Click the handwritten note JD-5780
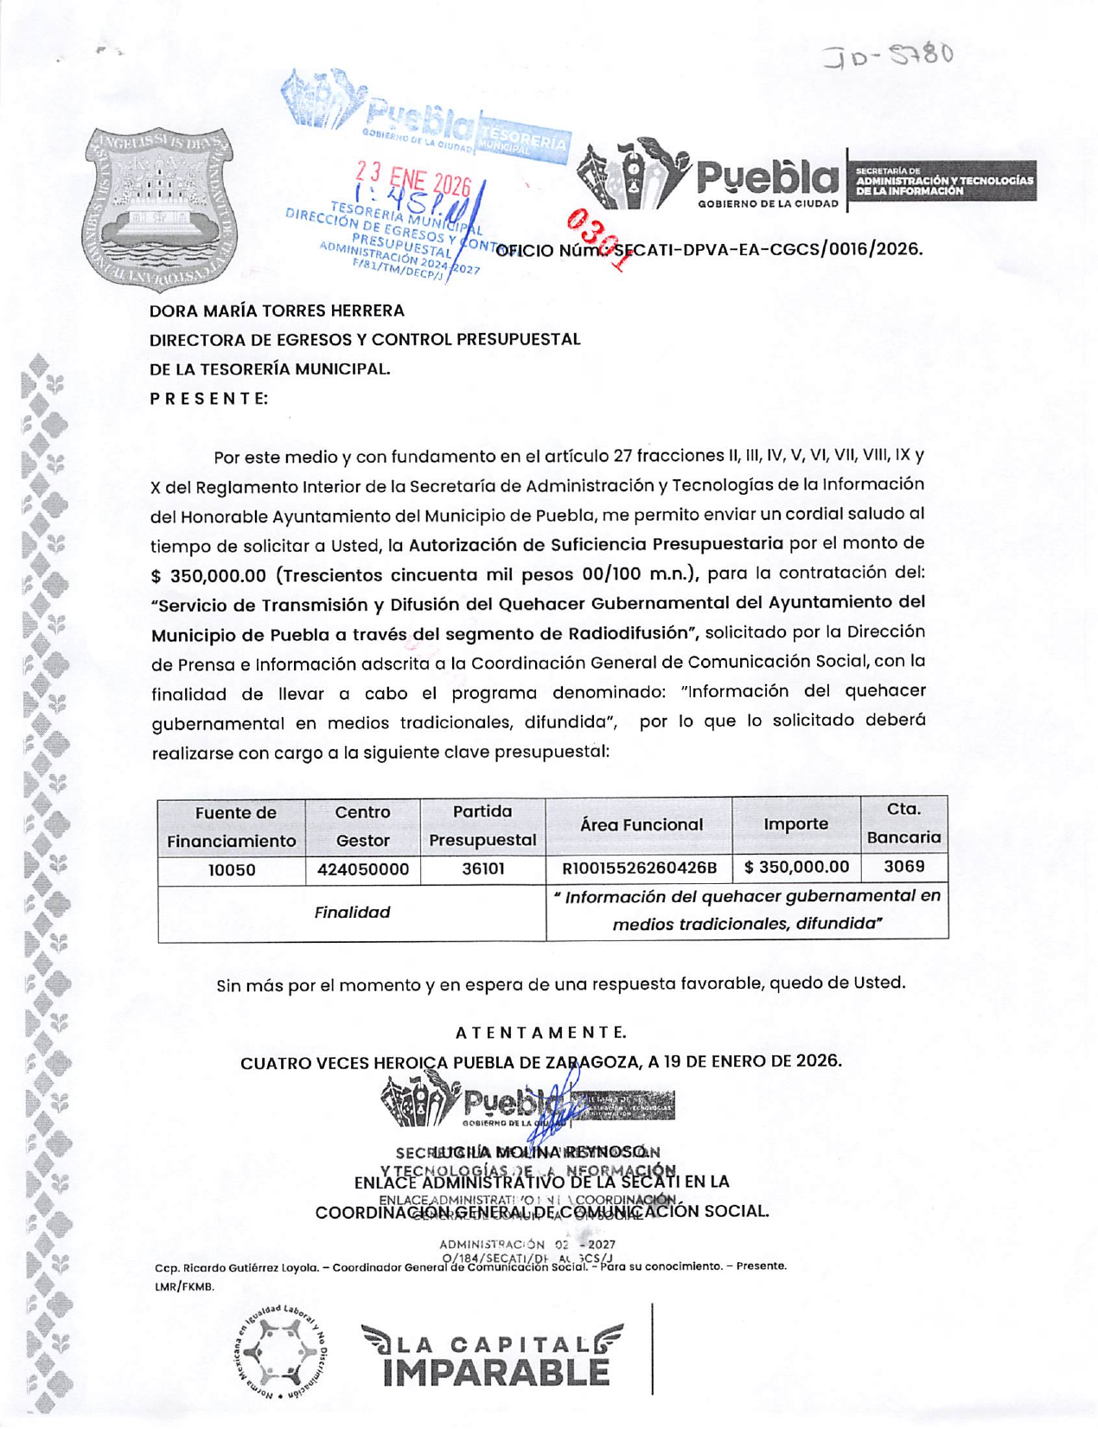pyautogui.click(x=889, y=58)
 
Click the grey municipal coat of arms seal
pyautogui.click(x=157, y=210)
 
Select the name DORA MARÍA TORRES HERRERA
pyautogui.click(x=277, y=311)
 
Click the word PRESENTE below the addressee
pyautogui.click(x=208, y=399)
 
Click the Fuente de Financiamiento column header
pyautogui.click(x=231, y=827)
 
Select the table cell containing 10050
pyautogui.click(x=231, y=870)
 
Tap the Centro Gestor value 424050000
pyautogui.click(x=362, y=870)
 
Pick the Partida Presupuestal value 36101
pyautogui.click(x=482, y=868)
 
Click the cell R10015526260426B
pyautogui.click(x=639, y=868)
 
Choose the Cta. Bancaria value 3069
pyautogui.click(x=903, y=867)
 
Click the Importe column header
pyautogui.click(x=795, y=824)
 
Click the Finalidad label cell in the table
pyautogui.click(x=352, y=913)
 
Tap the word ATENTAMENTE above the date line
pyautogui.click(x=540, y=1033)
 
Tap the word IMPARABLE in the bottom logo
pyautogui.click(x=495, y=1372)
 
